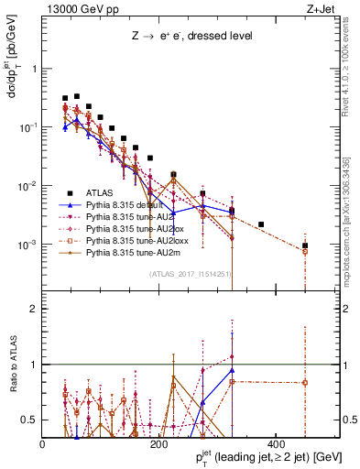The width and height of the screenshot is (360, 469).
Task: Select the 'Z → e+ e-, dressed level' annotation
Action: tap(191, 37)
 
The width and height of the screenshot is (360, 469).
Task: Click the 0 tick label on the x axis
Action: tap(43, 444)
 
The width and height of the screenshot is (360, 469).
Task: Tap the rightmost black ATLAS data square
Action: tap(305, 245)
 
